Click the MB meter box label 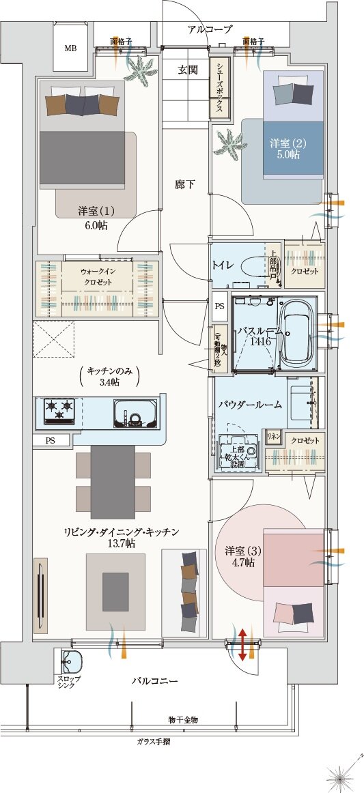tap(70, 48)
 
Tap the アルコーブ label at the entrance tap(209, 29)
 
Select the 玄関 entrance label tap(188, 70)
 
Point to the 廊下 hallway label tap(185, 184)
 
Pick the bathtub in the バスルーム tap(297, 332)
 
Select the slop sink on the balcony tap(70, 663)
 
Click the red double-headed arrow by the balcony tap(242, 644)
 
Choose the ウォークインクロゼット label tap(98, 275)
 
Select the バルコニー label tap(155, 681)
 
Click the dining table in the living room tap(113, 481)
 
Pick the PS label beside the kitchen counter tap(51, 441)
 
